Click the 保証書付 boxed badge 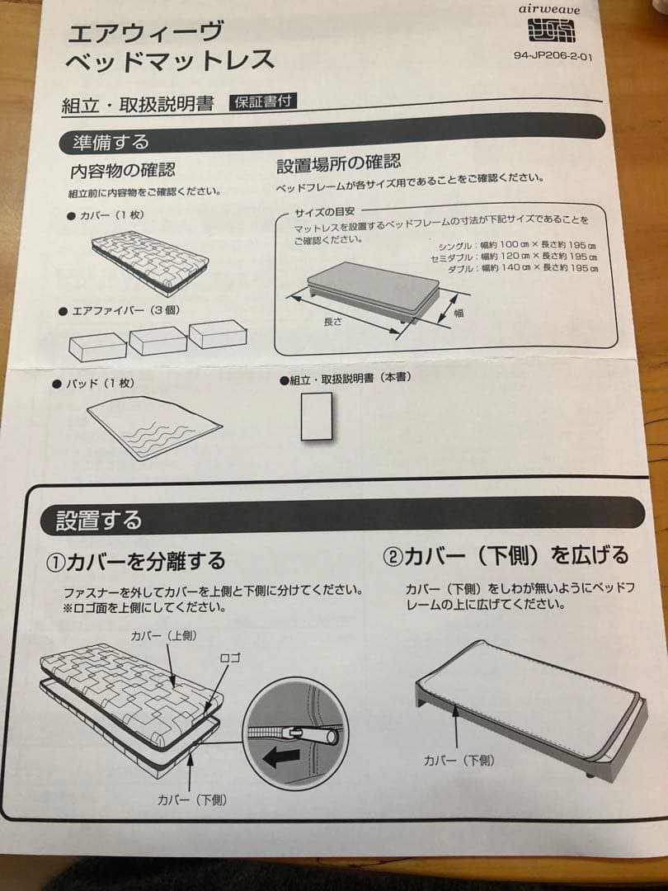click(263, 101)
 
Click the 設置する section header click(99, 521)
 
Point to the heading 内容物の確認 click(122, 170)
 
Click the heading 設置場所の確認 click(338, 164)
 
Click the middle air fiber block click(158, 340)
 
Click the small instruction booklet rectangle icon click(317, 417)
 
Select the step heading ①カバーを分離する click(135, 563)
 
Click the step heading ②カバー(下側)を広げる click(505, 555)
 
